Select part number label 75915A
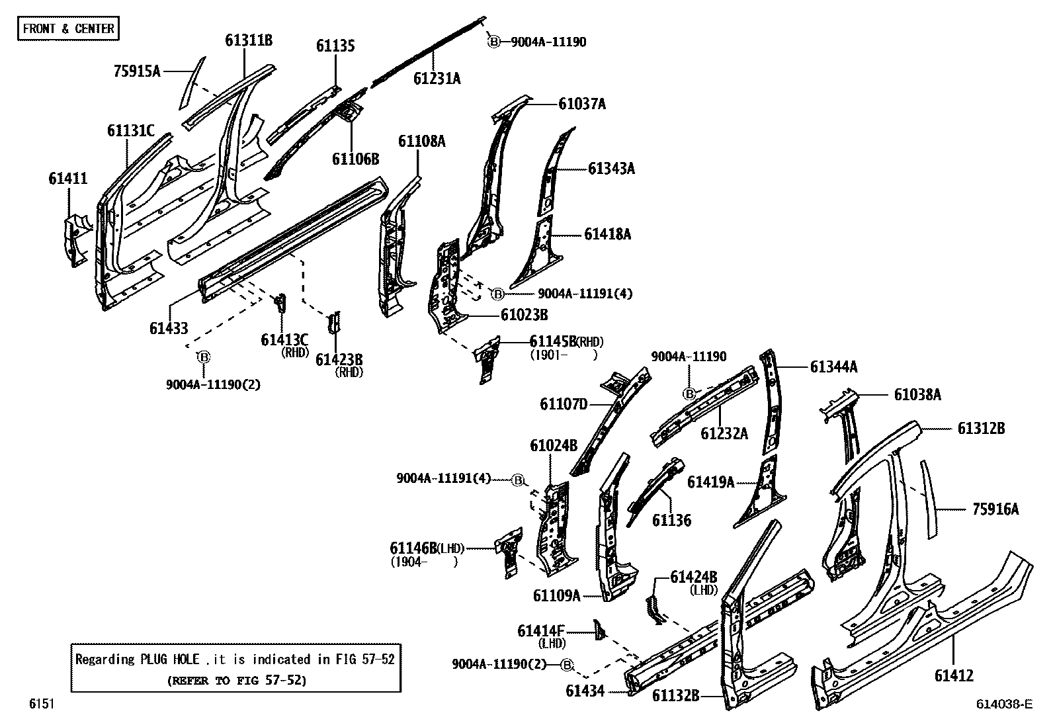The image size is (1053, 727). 137,71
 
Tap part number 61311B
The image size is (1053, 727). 249,40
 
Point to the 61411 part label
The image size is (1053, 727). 67,178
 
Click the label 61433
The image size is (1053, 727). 168,327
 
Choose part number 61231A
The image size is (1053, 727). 437,78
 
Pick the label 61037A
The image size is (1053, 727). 582,103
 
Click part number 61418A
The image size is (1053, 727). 607,234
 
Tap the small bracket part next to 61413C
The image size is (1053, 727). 280,303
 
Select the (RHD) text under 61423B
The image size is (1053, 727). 349,372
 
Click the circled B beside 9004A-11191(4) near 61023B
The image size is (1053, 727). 497,293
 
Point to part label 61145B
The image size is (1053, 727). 552,341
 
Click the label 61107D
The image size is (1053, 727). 564,404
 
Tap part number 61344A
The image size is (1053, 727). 833,366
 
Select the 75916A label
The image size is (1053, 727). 995,509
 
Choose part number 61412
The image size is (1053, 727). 954,675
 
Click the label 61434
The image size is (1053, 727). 585,691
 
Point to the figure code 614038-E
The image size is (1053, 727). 1004,705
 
